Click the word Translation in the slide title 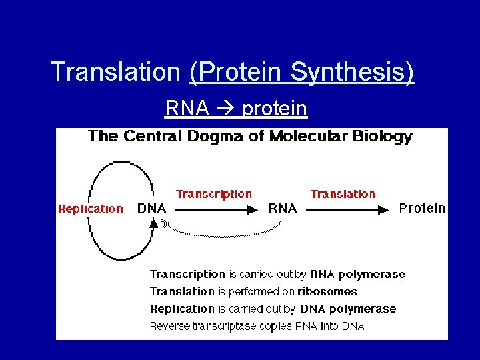pyautogui.click(x=115, y=72)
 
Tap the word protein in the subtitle pyautogui.click(x=275, y=108)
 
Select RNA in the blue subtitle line pyautogui.click(x=187, y=108)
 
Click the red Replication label pyautogui.click(x=91, y=209)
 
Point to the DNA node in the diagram pyautogui.click(x=151, y=208)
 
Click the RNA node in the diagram pyautogui.click(x=282, y=208)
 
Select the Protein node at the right pyautogui.click(x=421, y=208)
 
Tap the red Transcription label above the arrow pyautogui.click(x=214, y=194)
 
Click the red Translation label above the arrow pyautogui.click(x=343, y=194)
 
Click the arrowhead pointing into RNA pyautogui.click(x=251, y=209)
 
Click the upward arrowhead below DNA pyautogui.click(x=153, y=224)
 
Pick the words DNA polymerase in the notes pyautogui.click(x=347, y=309)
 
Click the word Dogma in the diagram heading pyautogui.click(x=211, y=137)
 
